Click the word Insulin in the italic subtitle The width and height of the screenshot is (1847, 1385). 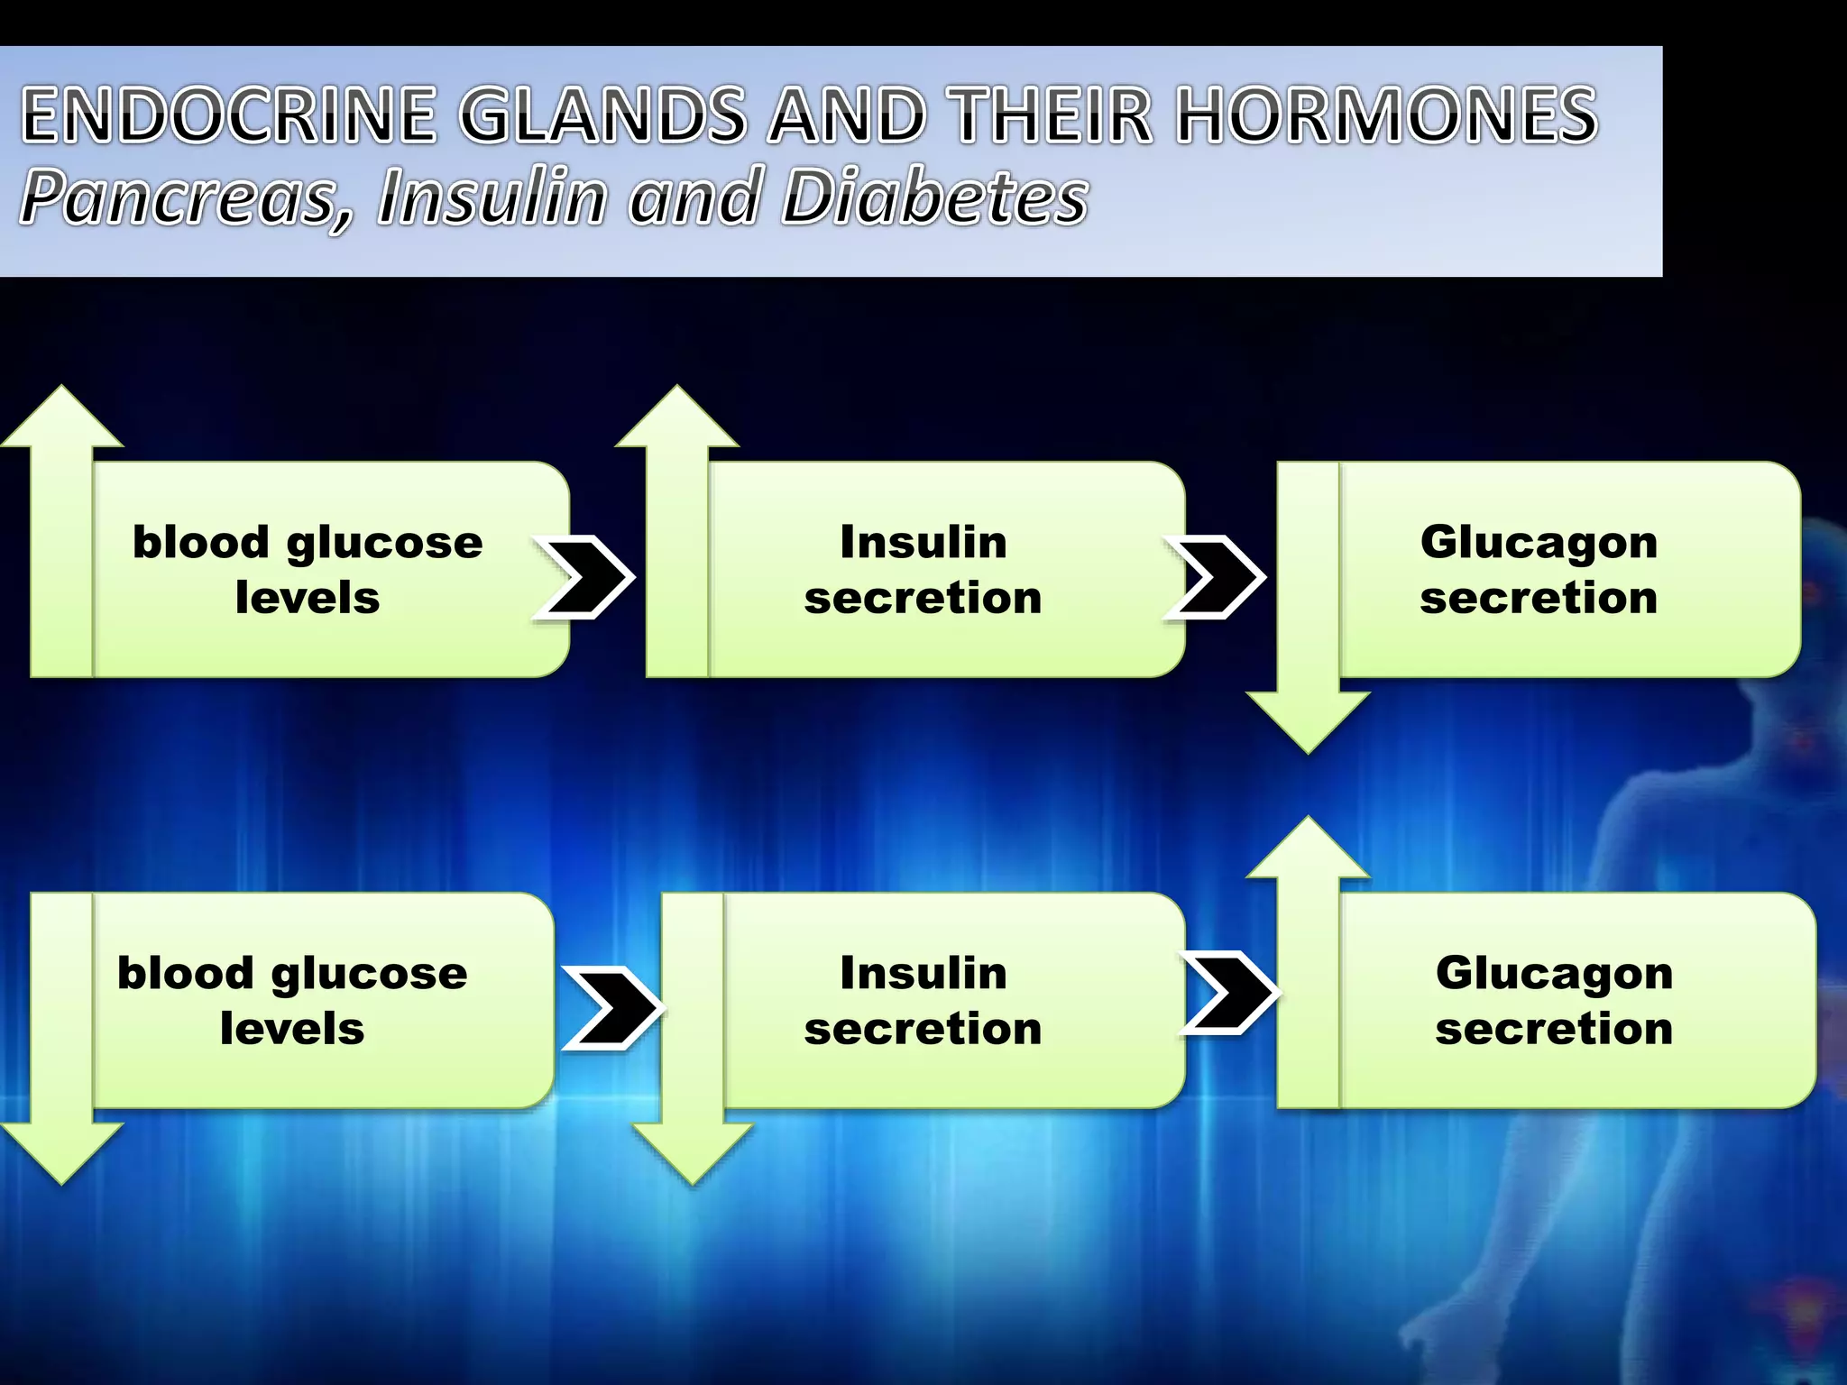(492, 197)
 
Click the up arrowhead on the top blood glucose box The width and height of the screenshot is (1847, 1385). (61, 420)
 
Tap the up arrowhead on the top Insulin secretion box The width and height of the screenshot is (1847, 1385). (677, 420)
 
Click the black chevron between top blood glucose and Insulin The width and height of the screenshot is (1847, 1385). (584, 577)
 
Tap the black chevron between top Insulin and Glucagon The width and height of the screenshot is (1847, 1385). (1216, 577)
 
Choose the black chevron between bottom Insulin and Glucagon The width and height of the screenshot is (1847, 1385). (1230, 992)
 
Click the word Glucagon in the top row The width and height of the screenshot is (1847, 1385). (1539, 543)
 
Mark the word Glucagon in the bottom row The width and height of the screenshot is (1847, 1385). (1554, 974)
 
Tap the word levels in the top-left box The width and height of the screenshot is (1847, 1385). (308, 598)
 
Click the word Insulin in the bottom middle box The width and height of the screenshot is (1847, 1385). (923, 974)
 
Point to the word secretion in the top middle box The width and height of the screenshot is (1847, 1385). (923, 598)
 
